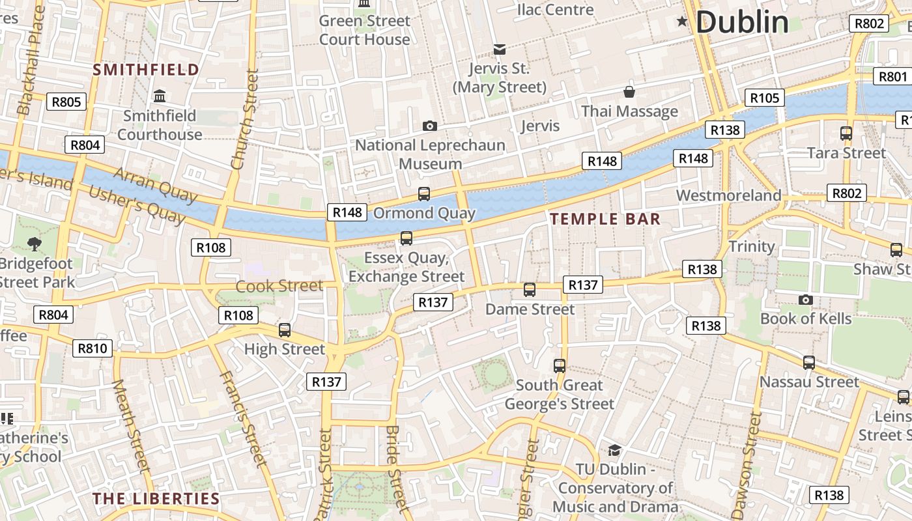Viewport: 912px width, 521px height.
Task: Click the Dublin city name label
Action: (742, 22)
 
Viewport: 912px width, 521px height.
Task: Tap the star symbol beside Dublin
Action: (682, 21)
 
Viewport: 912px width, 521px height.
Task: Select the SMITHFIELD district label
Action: (146, 70)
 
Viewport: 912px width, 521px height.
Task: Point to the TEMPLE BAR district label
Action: (605, 219)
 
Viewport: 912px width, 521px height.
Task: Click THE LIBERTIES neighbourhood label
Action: (156, 499)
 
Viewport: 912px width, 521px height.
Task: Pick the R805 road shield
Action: (66, 102)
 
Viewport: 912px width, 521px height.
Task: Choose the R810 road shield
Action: (92, 348)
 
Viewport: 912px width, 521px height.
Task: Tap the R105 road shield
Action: (764, 98)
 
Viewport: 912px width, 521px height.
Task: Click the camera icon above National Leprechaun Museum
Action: (429, 126)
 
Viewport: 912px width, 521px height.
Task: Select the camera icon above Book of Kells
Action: (805, 300)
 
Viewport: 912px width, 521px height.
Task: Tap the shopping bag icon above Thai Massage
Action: (629, 92)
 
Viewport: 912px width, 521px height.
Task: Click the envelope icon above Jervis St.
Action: (500, 49)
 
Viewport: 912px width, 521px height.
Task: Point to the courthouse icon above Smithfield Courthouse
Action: (159, 96)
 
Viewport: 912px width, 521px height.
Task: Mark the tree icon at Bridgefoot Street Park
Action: (34, 244)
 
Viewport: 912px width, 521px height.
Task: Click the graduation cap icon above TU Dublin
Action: (614, 450)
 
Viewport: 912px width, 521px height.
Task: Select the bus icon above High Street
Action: (285, 330)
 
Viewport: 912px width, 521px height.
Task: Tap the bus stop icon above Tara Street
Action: (846, 134)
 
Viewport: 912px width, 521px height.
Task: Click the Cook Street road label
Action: (279, 286)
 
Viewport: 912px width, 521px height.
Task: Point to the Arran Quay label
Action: (155, 185)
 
